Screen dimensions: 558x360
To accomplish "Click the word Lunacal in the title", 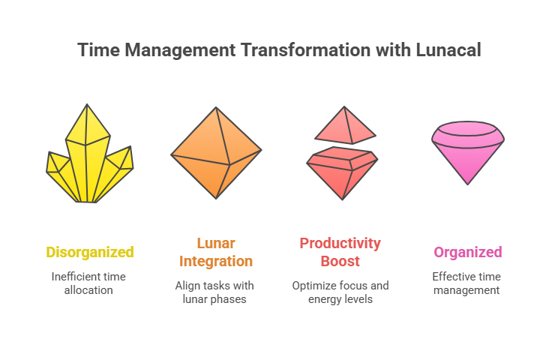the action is tap(448, 49).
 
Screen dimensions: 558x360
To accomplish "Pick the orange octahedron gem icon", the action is tap(216, 152).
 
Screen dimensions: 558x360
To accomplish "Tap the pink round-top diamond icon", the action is tap(467, 152).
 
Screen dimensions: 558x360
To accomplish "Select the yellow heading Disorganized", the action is tap(90, 253).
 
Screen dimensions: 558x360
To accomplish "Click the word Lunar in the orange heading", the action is tap(216, 244).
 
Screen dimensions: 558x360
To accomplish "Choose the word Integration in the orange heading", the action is tap(216, 262).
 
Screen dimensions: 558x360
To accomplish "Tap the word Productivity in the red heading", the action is tap(340, 244).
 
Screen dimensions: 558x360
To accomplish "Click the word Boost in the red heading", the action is tap(340, 262).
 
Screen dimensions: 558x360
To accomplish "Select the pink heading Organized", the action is tap(467, 253).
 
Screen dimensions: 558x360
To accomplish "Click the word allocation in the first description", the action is tap(88, 290).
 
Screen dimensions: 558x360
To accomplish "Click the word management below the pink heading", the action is tap(466, 291).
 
